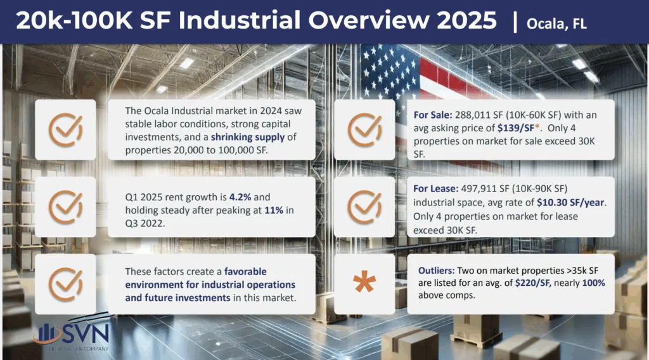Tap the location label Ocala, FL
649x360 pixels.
click(x=556, y=23)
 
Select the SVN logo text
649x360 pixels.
click(x=86, y=333)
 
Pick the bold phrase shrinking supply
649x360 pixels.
click(x=248, y=137)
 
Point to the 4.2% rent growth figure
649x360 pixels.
click(x=240, y=197)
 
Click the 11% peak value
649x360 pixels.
click(x=274, y=210)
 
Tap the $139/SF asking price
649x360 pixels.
click(x=516, y=128)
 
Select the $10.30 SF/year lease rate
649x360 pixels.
click(x=571, y=202)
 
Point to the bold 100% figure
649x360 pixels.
click(x=593, y=283)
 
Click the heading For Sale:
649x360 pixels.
click(x=433, y=115)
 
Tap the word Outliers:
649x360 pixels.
click(x=436, y=271)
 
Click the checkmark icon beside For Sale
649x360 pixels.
click(x=364, y=129)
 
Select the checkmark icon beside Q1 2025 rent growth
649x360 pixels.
click(x=65, y=207)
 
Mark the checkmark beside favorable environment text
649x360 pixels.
click(x=65, y=284)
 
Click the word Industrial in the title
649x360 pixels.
click(x=239, y=20)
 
